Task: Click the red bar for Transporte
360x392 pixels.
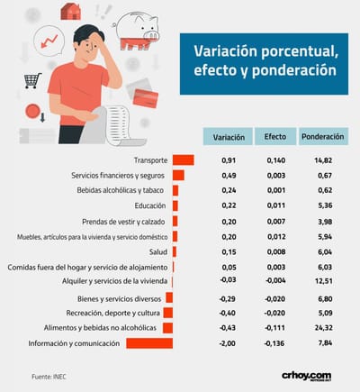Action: pos(184,160)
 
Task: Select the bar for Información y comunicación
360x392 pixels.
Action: pos(149,343)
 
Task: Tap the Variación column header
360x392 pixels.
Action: pos(229,137)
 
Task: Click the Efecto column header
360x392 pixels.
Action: pos(275,137)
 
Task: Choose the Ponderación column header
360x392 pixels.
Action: pos(323,137)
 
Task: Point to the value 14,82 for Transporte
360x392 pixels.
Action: pos(323,160)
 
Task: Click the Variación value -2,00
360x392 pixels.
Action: pos(227,343)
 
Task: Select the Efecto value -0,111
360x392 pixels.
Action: pos(274,328)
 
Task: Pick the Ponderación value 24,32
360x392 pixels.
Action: pos(324,328)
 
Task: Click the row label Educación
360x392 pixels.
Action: pos(150,205)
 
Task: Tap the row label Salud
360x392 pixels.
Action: pos(158,252)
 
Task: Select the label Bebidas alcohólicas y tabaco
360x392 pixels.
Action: pos(121,190)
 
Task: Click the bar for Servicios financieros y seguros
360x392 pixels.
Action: pos(178,175)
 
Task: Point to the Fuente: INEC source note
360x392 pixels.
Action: pos(49,377)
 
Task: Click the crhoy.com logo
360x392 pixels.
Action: pos(306,376)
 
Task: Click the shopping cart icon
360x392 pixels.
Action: pos(32,80)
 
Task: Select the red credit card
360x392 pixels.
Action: pos(146,98)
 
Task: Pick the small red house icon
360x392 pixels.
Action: pos(71,12)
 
